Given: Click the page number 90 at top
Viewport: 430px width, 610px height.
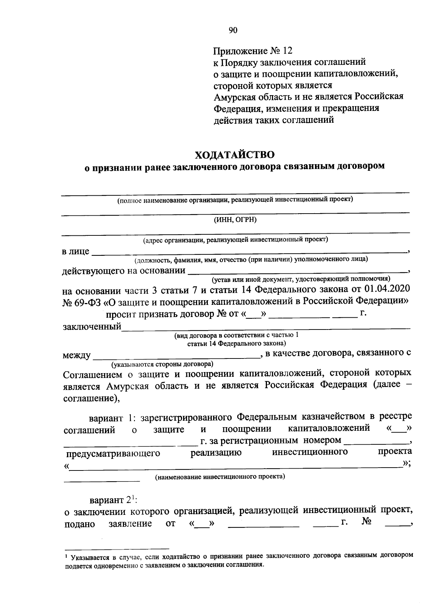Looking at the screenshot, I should pyautogui.click(x=233, y=30).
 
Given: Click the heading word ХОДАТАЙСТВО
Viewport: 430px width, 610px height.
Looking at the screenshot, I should pyautogui.click(x=235, y=155).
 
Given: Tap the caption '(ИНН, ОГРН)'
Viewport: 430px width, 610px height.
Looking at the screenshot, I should pyautogui.click(x=235, y=220).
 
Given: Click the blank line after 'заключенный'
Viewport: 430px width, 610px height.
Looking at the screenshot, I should pyautogui.click(x=265, y=326).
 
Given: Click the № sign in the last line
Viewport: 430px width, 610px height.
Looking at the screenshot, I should pyautogui.click(x=366, y=522).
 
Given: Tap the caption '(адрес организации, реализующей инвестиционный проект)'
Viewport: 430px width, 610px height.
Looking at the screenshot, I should pyautogui.click(x=235, y=240).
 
